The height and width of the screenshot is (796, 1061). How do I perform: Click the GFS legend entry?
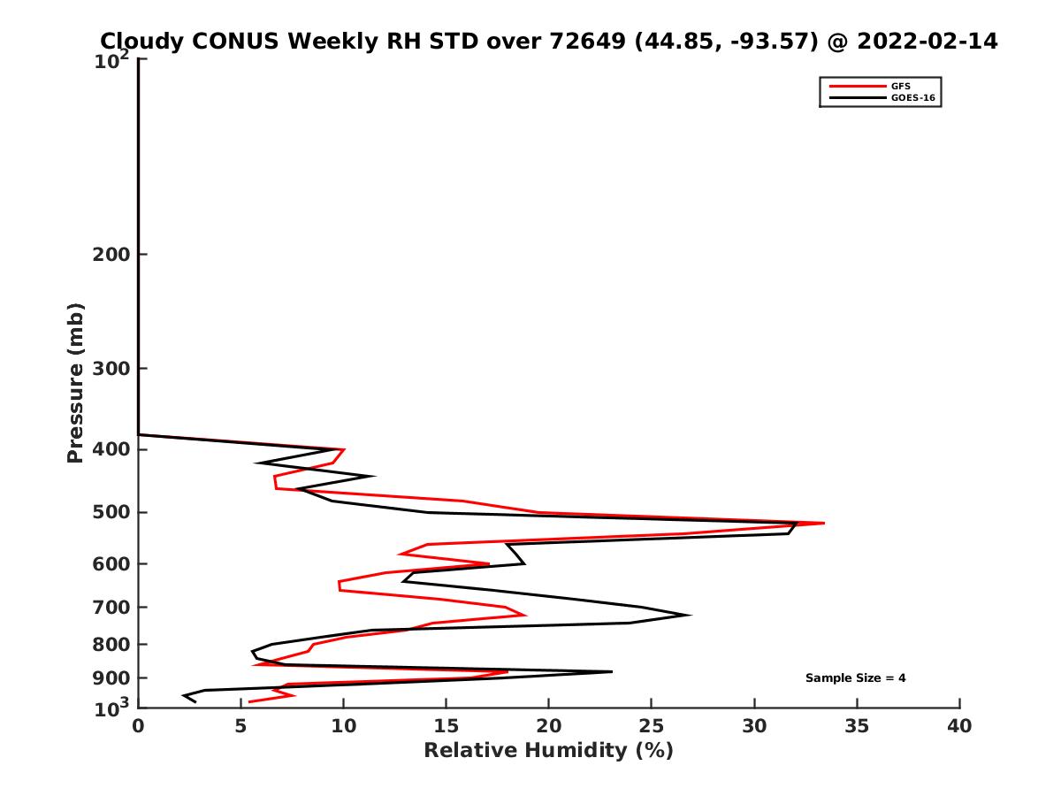(x=901, y=86)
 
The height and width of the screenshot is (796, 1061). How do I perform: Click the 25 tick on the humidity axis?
(x=652, y=726)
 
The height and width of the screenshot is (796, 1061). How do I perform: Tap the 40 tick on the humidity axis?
(x=959, y=726)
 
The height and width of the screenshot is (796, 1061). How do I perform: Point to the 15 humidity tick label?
(x=446, y=726)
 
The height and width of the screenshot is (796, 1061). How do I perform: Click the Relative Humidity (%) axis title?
(x=548, y=751)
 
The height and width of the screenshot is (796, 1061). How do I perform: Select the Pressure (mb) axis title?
(x=75, y=382)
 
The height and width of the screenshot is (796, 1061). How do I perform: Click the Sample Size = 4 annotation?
(x=855, y=678)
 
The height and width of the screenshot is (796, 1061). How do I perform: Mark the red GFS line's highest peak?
(x=824, y=524)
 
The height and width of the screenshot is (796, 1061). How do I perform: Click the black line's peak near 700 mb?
(x=690, y=616)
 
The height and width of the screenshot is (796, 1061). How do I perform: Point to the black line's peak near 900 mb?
(x=612, y=672)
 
